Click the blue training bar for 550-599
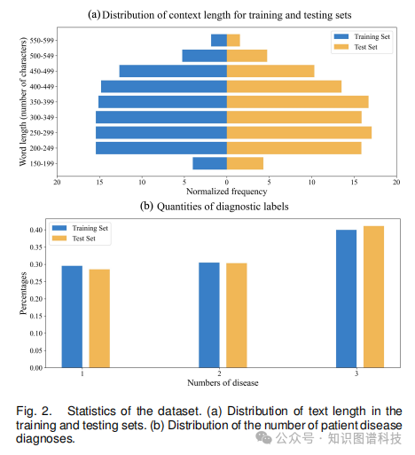pyautogui.click(x=219, y=40)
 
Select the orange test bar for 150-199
pyautogui.click(x=245, y=163)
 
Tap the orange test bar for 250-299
pyautogui.click(x=299, y=133)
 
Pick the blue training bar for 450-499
pyautogui.click(x=173, y=71)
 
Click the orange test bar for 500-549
pyautogui.click(x=247, y=56)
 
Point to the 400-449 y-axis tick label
pyautogui.click(x=42, y=87)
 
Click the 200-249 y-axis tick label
pyautogui.click(x=42, y=148)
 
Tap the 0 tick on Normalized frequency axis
pyautogui.click(x=227, y=182)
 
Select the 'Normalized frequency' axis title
pyautogui.click(x=227, y=192)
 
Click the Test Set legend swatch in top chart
pyautogui.click(x=341, y=47)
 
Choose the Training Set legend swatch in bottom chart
pyautogui.click(x=59, y=228)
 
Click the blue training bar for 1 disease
pyautogui.click(x=72, y=317)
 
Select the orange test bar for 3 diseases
pyautogui.click(x=373, y=297)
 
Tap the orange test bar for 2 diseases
pyautogui.click(x=237, y=316)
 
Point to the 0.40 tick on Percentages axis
pyautogui.click(x=36, y=230)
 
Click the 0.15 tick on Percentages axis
pyautogui.click(x=36, y=316)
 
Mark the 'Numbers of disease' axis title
pyautogui.click(x=223, y=383)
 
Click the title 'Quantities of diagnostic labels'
pyautogui.click(x=223, y=207)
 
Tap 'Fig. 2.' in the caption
pyautogui.click(x=34, y=412)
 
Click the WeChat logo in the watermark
pyautogui.click(x=263, y=438)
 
